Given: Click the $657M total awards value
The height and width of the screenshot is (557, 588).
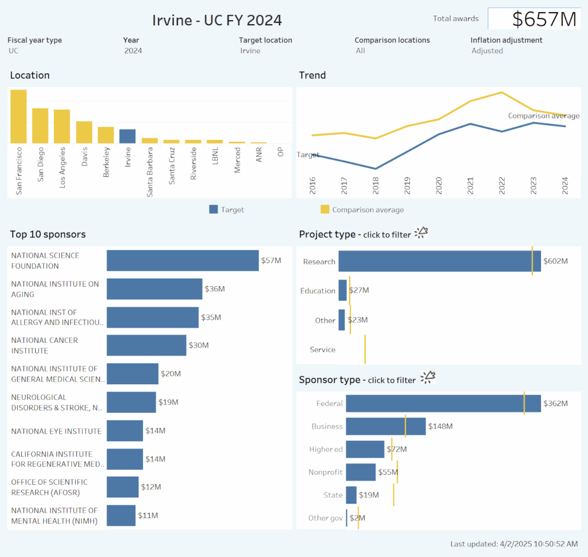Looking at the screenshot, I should pos(543,19).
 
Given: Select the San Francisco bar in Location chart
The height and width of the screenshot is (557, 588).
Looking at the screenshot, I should pos(18,117).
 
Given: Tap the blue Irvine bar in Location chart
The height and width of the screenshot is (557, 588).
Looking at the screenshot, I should pos(127,136).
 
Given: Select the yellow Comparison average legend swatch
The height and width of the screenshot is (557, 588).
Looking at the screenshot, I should pos(325,210).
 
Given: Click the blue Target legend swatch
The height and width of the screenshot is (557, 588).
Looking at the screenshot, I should pos(214,210).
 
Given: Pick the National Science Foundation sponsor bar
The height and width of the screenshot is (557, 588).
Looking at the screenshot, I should pos(183,261).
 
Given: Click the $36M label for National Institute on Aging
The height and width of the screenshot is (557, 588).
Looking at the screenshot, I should pos(215,289).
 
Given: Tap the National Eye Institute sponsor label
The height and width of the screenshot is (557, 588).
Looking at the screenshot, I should pos(56,431).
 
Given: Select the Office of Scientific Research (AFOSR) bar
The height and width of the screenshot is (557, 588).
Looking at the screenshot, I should pos(123,487).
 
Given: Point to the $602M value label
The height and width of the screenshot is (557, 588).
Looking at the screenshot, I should pos(555,261).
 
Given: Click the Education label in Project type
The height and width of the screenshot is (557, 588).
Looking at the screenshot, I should pos(318,291).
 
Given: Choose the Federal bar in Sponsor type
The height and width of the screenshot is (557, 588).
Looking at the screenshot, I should pos(443,404).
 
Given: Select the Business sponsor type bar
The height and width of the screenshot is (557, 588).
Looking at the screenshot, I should pos(386,427).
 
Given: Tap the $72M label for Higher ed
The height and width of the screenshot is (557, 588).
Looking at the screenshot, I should pos(396,449).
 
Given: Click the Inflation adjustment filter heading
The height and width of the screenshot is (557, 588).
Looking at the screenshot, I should pos(506,40).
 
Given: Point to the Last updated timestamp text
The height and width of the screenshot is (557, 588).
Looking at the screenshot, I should pos(514,544).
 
